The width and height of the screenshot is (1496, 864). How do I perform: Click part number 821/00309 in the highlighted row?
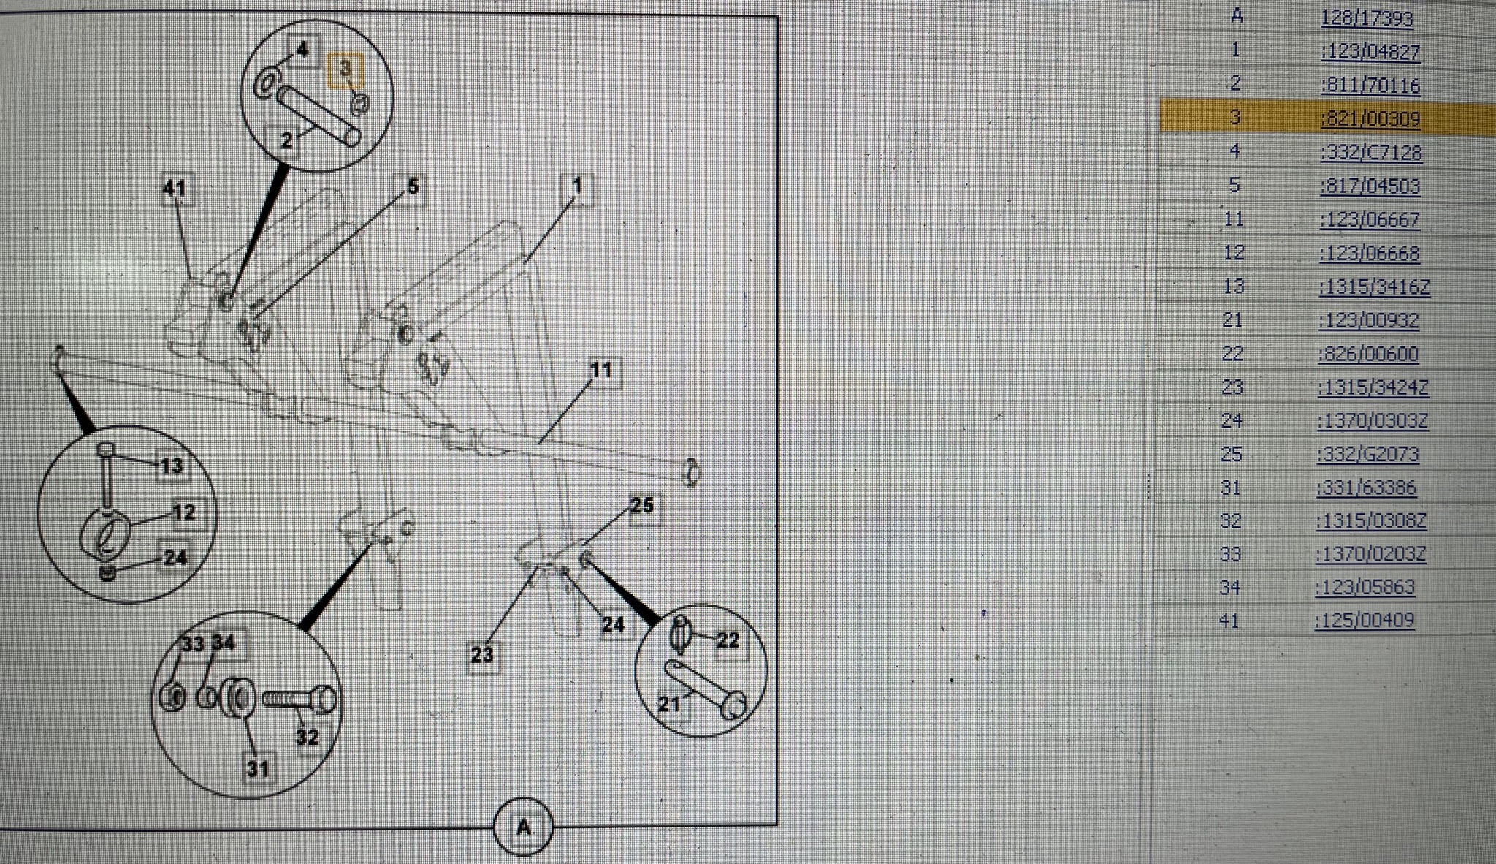(1370, 118)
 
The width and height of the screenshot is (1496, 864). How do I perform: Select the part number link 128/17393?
(1367, 18)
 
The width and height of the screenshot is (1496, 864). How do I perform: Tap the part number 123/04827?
(1370, 52)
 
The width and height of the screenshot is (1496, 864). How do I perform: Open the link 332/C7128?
(1371, 153)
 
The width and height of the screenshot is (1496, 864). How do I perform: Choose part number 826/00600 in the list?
(1368, 354)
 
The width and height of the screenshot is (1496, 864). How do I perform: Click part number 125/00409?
(1365, 621)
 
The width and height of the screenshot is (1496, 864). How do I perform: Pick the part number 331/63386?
(1367, 488)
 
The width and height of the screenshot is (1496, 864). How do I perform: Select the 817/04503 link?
(1370, 186)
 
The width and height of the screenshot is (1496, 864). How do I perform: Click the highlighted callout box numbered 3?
(346, 69)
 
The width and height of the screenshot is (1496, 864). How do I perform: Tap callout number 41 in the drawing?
(175, 189)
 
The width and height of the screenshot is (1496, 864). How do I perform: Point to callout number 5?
(412, 188)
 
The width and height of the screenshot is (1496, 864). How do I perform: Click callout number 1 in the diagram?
(577, 187)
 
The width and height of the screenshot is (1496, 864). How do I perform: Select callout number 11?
(601, 370)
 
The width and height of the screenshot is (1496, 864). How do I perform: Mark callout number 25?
(641, 506)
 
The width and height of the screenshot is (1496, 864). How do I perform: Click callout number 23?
(482, 654)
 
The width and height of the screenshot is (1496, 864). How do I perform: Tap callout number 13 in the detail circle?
(172, 466)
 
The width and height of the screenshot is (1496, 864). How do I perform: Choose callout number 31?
(257, 768)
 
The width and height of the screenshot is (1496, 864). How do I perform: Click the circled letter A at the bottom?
(523, 827)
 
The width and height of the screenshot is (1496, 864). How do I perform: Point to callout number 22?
(728, 641)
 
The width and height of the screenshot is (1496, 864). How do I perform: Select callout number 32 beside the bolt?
(308, 737)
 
